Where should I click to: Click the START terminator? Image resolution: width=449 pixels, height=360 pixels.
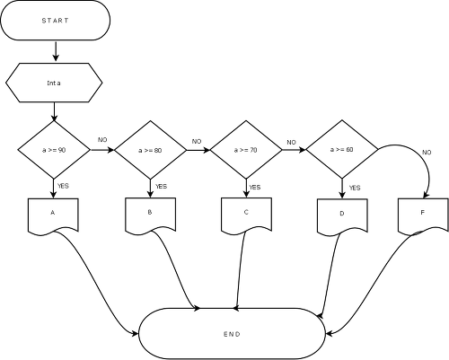[56, 21]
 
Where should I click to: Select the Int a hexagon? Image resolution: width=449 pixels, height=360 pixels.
[54, 83]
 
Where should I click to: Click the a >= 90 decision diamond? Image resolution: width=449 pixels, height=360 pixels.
[54, 150]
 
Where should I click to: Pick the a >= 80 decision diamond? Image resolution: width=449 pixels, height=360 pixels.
[151, 150]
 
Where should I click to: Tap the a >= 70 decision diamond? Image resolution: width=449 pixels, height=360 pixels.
[246, 150]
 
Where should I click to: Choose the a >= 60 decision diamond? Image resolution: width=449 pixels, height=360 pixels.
[342, 149]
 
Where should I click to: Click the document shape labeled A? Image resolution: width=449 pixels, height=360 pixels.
[53, 215]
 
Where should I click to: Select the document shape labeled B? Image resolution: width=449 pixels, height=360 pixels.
[150, 215]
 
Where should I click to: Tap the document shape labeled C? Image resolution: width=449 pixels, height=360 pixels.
[246, 215]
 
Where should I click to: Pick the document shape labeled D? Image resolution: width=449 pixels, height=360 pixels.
[342, 216]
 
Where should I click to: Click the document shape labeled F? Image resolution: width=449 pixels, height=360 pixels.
[423, 215]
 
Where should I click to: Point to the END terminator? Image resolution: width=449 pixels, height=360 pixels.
[232, 334]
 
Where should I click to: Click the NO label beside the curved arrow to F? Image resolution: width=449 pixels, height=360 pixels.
[427, 153]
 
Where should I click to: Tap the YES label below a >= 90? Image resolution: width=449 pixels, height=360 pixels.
[63, 186]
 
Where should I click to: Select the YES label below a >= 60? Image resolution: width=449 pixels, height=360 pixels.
[355, 188]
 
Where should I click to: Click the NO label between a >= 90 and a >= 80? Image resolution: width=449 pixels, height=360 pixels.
[102, 140]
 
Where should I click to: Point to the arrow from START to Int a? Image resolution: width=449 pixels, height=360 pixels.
[56, 51]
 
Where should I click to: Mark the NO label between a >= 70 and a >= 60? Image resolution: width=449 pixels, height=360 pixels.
[291, 143]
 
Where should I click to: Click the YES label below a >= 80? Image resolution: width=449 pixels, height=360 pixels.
[161, 187]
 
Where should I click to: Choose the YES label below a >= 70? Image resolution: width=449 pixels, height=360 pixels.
[255, 188]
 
